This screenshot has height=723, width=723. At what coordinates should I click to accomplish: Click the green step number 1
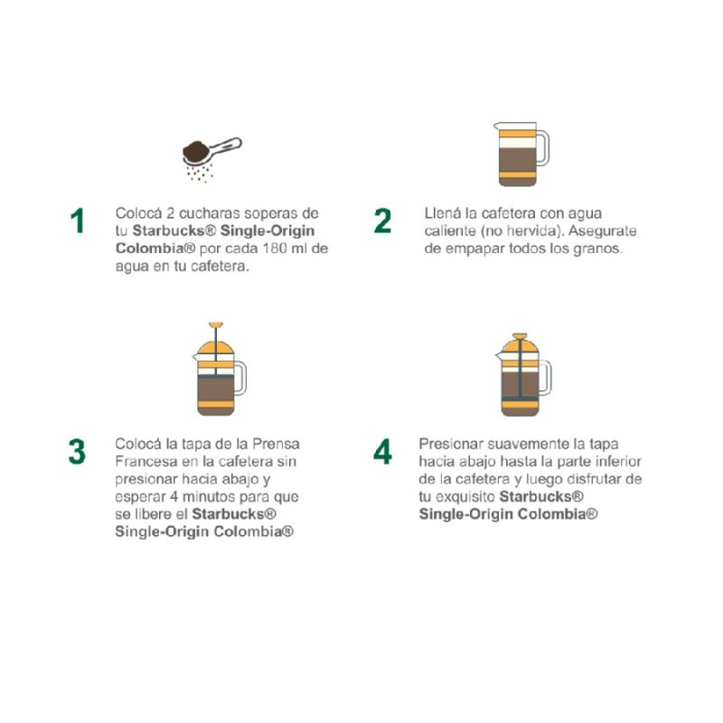click(x=78, y=221)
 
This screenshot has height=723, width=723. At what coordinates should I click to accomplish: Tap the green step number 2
click(x=382, y=221)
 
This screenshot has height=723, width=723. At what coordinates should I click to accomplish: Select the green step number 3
click(x=77, y=451)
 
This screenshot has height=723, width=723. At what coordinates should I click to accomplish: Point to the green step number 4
click(x=382, y=451)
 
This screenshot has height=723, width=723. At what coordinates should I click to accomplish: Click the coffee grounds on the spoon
click(x=196, y=151)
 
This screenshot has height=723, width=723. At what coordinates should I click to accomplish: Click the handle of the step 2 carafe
click(x=543, y=147)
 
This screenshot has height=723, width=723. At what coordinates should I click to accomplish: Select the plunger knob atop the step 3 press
click(x=216, y=324)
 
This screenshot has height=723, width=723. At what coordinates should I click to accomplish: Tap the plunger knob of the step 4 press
click(x=521, y=336)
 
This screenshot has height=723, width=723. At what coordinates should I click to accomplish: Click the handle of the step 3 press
click(x=240, y=378)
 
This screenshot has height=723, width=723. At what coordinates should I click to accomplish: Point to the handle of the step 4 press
click(x=546, y=378)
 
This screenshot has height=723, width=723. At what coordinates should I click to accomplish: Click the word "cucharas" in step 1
click(x=209, y=213)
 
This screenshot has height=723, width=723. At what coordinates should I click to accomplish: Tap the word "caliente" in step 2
click(x=450, y=230)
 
